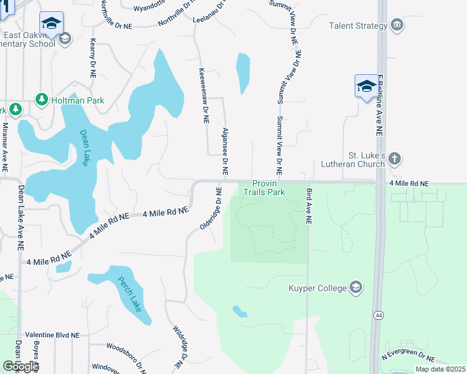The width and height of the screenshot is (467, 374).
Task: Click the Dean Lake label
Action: coord(84,148)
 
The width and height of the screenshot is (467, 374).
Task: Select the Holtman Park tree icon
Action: coord(42,100)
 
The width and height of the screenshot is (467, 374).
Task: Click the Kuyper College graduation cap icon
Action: coord(356,287)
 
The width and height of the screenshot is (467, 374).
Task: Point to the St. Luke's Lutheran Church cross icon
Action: coord(394,159)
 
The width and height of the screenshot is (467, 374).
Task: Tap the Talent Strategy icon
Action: coord(396,26)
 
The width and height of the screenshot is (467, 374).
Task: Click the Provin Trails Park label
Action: coord(268,188)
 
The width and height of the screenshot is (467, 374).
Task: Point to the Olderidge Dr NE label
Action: coord(212,209)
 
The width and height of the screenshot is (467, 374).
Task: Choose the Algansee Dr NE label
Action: coord(224,152)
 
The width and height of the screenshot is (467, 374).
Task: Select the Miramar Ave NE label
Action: coord(4,147)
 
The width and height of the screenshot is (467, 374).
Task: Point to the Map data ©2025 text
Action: coord(440,369)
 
